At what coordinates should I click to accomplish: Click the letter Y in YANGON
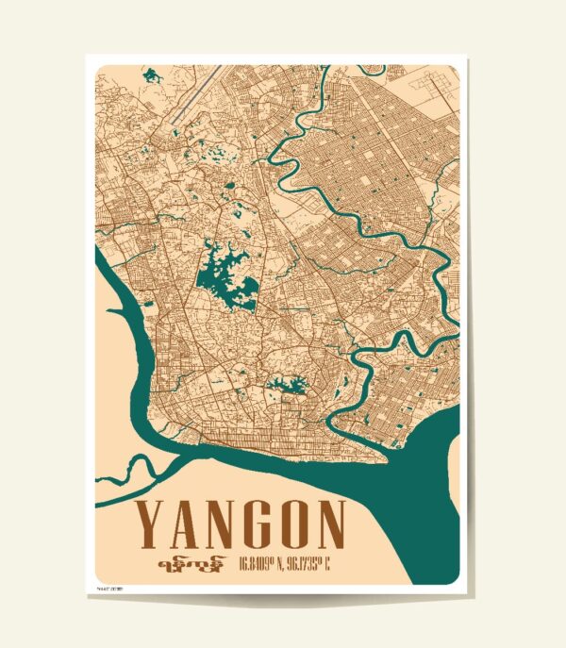click(x=152, y=525)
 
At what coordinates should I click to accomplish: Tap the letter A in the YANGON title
click(x=189, y=525)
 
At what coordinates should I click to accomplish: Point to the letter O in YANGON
click(x=296, y=525)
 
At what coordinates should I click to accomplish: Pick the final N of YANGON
click(x=331, y=525)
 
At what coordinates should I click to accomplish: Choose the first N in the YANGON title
click(x=225, y=525)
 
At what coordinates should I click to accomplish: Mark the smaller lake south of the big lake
click(x=285, y=384)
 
